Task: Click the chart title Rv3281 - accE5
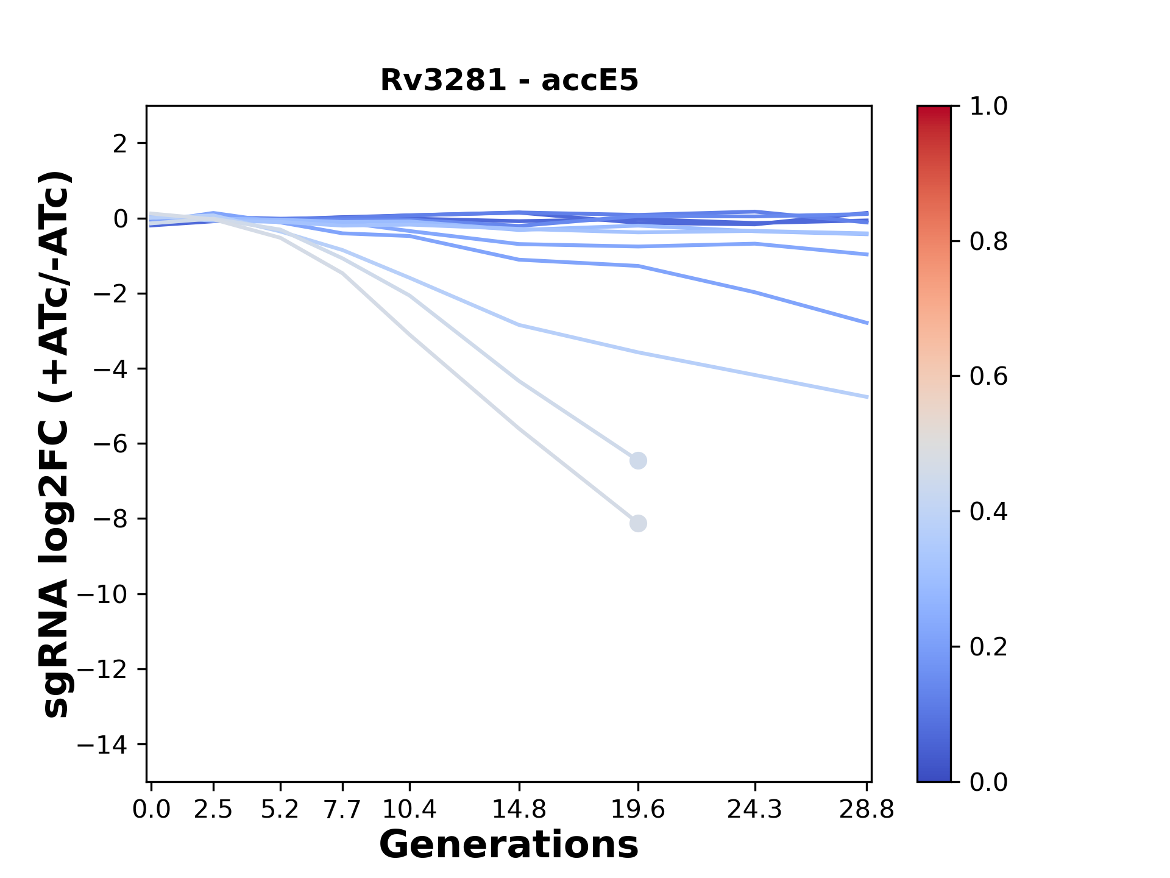[509, 80]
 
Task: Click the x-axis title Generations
[509, 845]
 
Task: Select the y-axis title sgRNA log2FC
[56, 444]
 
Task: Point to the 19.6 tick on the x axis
[638, 809]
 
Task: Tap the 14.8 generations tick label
[519, 809]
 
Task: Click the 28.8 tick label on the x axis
[867, 809]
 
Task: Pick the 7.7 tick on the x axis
[342, 809]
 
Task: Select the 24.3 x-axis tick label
[754, 809]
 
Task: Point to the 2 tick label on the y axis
[120, 144]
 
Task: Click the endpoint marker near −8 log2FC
[638, 523]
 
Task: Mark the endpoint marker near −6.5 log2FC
[638, 460]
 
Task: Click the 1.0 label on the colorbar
[988, 106]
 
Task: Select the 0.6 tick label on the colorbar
[988, 377]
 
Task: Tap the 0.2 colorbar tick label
[988, 646]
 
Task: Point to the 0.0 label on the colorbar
[988, 782]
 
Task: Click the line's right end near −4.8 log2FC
[867, 397]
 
